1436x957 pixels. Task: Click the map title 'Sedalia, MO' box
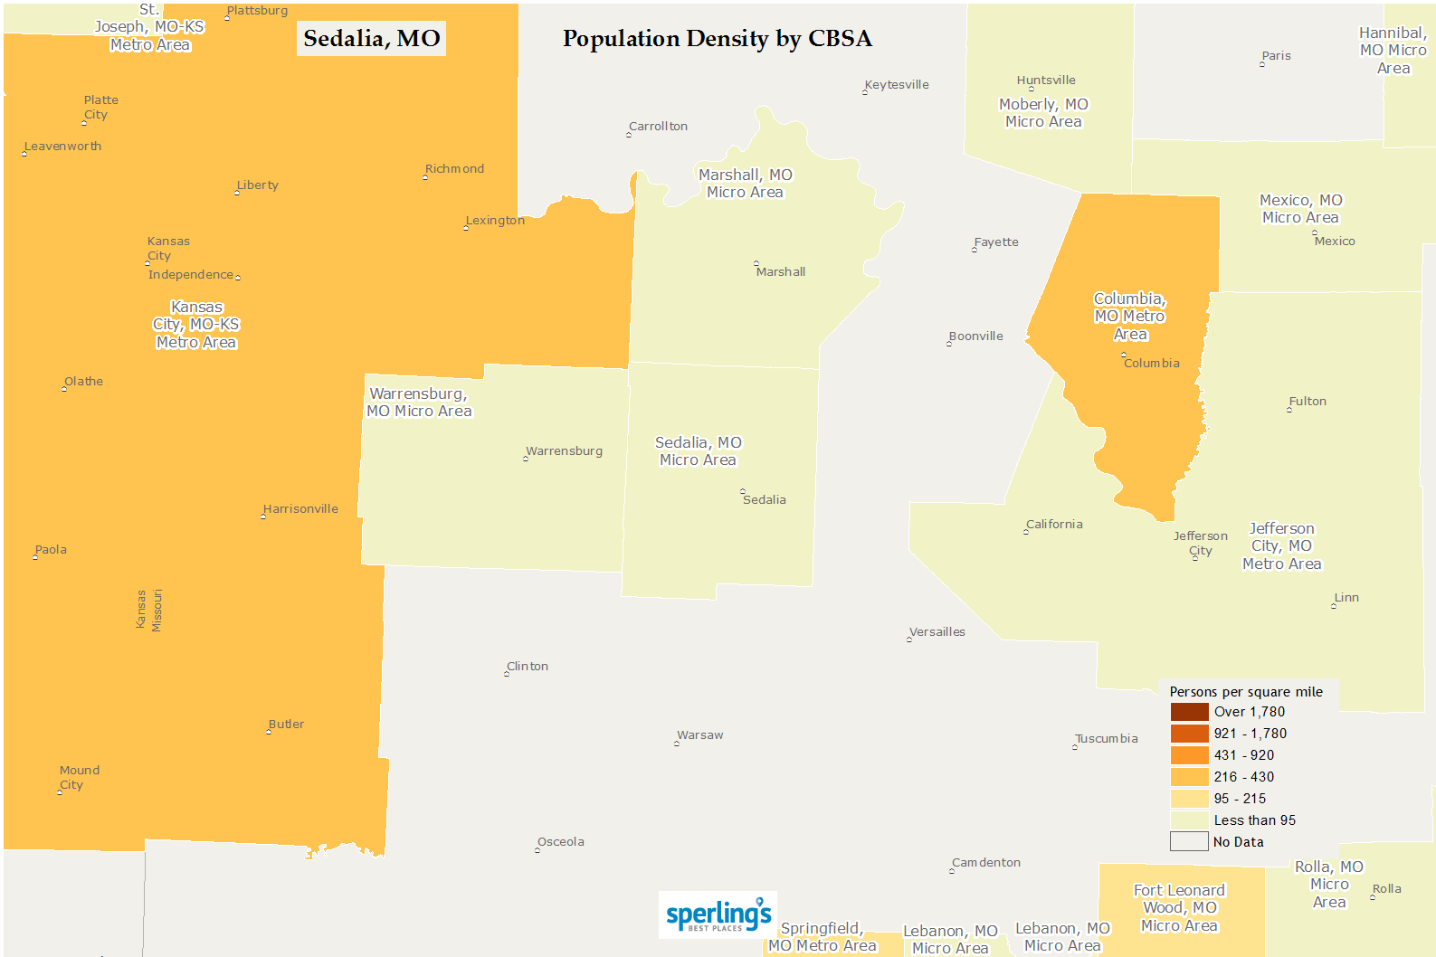(371, 39)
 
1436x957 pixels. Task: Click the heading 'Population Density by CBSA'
(717, 39)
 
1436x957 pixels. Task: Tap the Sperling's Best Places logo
(718, 915)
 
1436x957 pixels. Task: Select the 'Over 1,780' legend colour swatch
(1189, 712)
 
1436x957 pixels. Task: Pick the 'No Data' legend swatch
(1189, 842)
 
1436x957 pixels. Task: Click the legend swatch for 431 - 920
(1189, 755)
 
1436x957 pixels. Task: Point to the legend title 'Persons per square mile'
(1246, 692)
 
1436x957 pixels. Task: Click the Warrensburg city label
(564, 451)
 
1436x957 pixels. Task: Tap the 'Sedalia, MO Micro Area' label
(698, 451)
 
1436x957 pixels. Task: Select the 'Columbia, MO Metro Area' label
(1130, 317)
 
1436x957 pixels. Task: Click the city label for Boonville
(975, 336)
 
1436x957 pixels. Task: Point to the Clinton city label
(528, 667)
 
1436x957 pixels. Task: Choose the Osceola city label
(561, 842)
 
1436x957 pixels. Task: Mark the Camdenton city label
(986, 863)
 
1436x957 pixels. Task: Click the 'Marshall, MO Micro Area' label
(745, 184)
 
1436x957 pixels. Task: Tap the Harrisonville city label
(300, 509)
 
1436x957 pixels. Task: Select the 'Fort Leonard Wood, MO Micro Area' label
(1179, 907)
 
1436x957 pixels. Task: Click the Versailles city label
(937, 632)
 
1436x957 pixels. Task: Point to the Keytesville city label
(897, 85)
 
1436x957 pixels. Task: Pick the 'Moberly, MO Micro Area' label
(1043, 113)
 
